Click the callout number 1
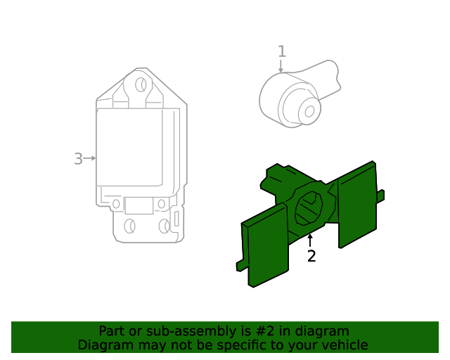(x=282, y=51)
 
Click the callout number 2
(x=311, y=257)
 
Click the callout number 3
(x=78, y=159)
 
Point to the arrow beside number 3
(x=89, y=159)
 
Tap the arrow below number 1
(x=281, y=66)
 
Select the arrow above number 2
(x=310, y=240)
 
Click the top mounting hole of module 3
(x=141, y=86)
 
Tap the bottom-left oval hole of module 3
(x=129, y=226)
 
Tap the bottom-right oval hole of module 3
(x=165, y=226)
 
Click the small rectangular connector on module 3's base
(x=139, y=205)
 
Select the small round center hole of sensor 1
(x=309, y=110)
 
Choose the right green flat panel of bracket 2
(x=357, y=205)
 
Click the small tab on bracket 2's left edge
(x=241, y=265)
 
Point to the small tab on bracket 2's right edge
(x=380, y=195)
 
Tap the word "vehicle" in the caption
(x=342, y=345)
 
